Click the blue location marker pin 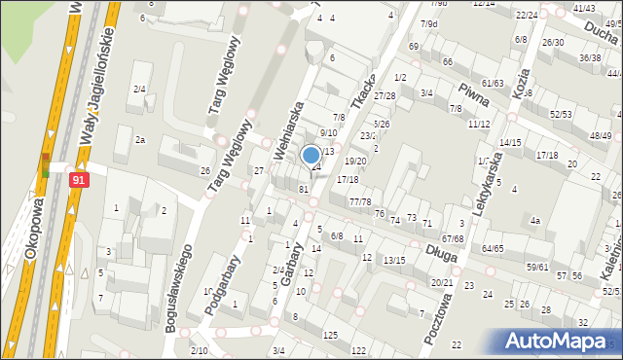pos(311,156)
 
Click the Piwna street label pos(499,97)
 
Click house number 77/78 pos(360,202)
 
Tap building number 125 pos(330,335)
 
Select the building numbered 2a pos(140,140)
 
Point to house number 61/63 pos(493,84)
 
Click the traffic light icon pos(45,164)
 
